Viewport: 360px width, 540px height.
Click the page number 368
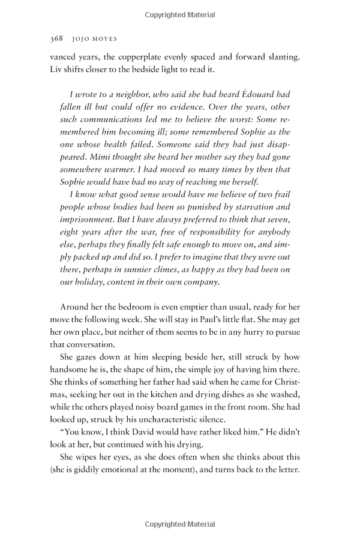click(x=56, y=38)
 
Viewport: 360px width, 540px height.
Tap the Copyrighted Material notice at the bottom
click(x=179, y=524)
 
